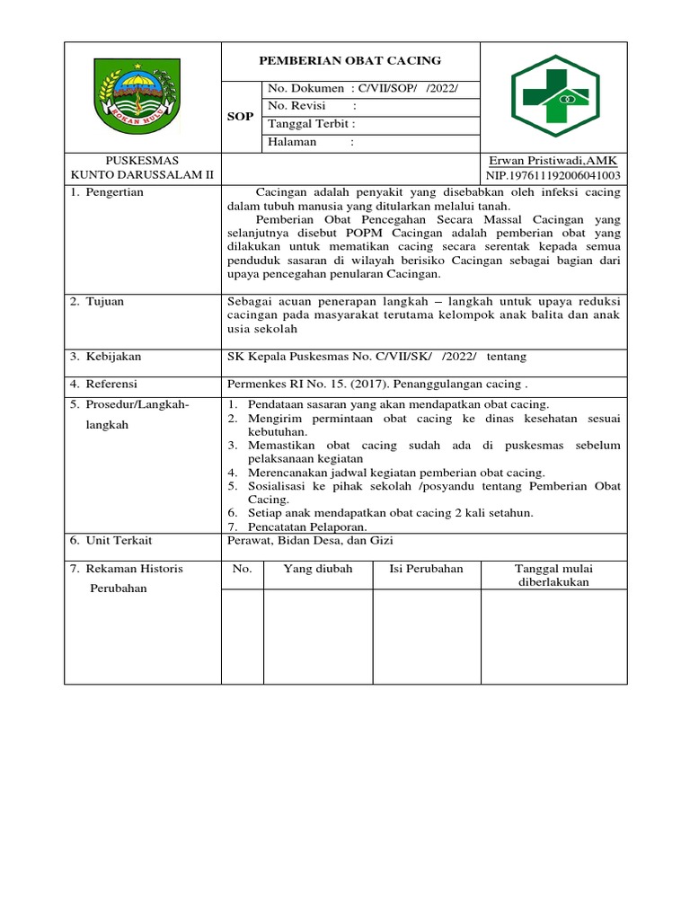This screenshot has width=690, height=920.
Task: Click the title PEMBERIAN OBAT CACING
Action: coord(350,60)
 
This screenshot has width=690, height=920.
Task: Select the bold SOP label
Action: coord(240,116)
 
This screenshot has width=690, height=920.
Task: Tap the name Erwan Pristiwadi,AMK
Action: coord(553,160)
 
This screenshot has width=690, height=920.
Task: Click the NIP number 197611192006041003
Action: coord(553,175)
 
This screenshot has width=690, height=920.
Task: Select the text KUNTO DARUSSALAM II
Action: coord(143,175)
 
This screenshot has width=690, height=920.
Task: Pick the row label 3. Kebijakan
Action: coord(105,357)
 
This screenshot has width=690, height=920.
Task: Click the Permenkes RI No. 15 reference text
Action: coord(376,384)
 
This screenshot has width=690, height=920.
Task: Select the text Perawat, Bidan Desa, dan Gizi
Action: coord(310,540)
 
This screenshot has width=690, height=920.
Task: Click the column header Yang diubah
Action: coord(318,569)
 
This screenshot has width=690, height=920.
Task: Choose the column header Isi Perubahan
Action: coord(426,569)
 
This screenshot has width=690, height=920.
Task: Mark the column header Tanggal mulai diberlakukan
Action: coord(553,575)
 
